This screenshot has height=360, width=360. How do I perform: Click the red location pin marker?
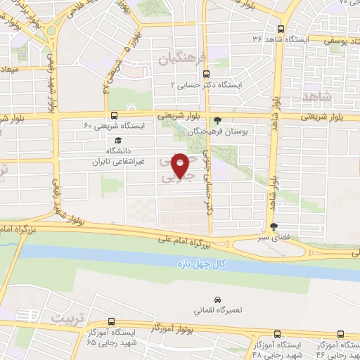[x=180, y=165]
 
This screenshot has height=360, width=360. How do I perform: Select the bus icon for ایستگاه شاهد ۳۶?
[x=281, y=30]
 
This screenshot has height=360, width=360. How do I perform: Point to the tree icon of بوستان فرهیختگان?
[x=217, y=120]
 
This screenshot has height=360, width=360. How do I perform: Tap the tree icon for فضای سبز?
[x=274, y=226]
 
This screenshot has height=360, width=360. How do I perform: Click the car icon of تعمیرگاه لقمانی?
[x=217, y=281]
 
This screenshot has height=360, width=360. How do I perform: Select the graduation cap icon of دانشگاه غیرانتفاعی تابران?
[x=117, y=141]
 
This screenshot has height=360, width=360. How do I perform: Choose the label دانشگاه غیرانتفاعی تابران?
[x=119, y=156]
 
